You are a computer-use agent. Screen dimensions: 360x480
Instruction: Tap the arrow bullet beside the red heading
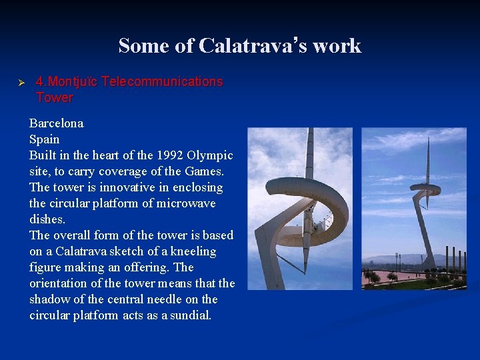21,82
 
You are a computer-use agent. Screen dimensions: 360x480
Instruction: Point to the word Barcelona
56,123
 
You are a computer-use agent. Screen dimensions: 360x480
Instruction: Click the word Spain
44,139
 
